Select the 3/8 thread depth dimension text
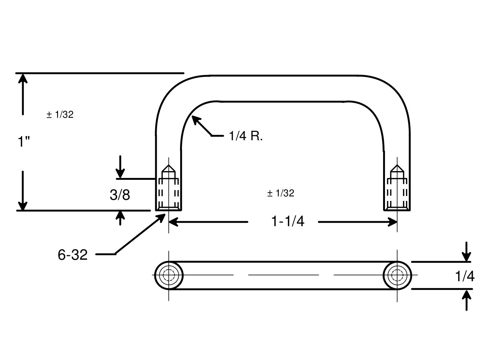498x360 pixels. tap(120, 195)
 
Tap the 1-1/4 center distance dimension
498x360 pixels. tap(288, 221)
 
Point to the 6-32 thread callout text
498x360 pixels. tap(72, 255)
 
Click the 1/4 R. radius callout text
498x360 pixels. tap(246, 136)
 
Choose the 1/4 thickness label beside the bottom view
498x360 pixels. tap(464, 276)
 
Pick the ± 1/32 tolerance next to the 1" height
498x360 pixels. tap(60, 115)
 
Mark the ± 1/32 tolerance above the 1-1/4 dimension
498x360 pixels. tap(281, 193)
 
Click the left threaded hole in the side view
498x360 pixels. tap(168, 188)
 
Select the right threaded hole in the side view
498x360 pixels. tap(397, 188)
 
